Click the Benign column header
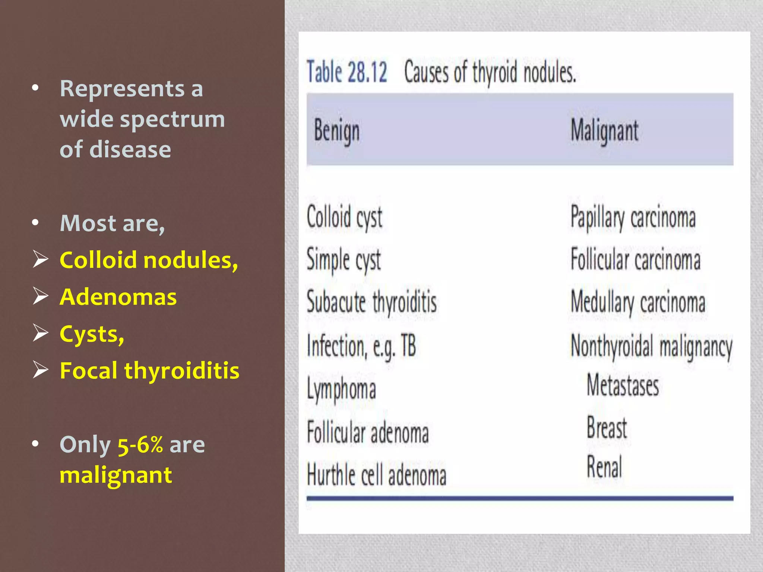coord(337,131)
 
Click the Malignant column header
coord(604,131)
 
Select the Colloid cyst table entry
coord(345,217)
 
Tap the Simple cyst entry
coord(343,260)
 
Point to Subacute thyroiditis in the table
coord(371,302)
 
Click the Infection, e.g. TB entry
coord(361,346)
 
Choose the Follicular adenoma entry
coord(368,433)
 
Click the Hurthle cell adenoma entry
coord(376,475)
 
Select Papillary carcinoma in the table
coord(633,217)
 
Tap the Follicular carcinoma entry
coord(636,260)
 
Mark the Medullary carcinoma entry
coord(638,302)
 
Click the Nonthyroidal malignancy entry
coord(652,346)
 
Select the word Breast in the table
coord(607,428)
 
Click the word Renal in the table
coord(604,467)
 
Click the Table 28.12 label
coord(347,71)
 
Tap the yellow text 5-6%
coord(140,445)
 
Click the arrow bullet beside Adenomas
coord(40,296)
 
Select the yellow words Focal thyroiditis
coord(149,371)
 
